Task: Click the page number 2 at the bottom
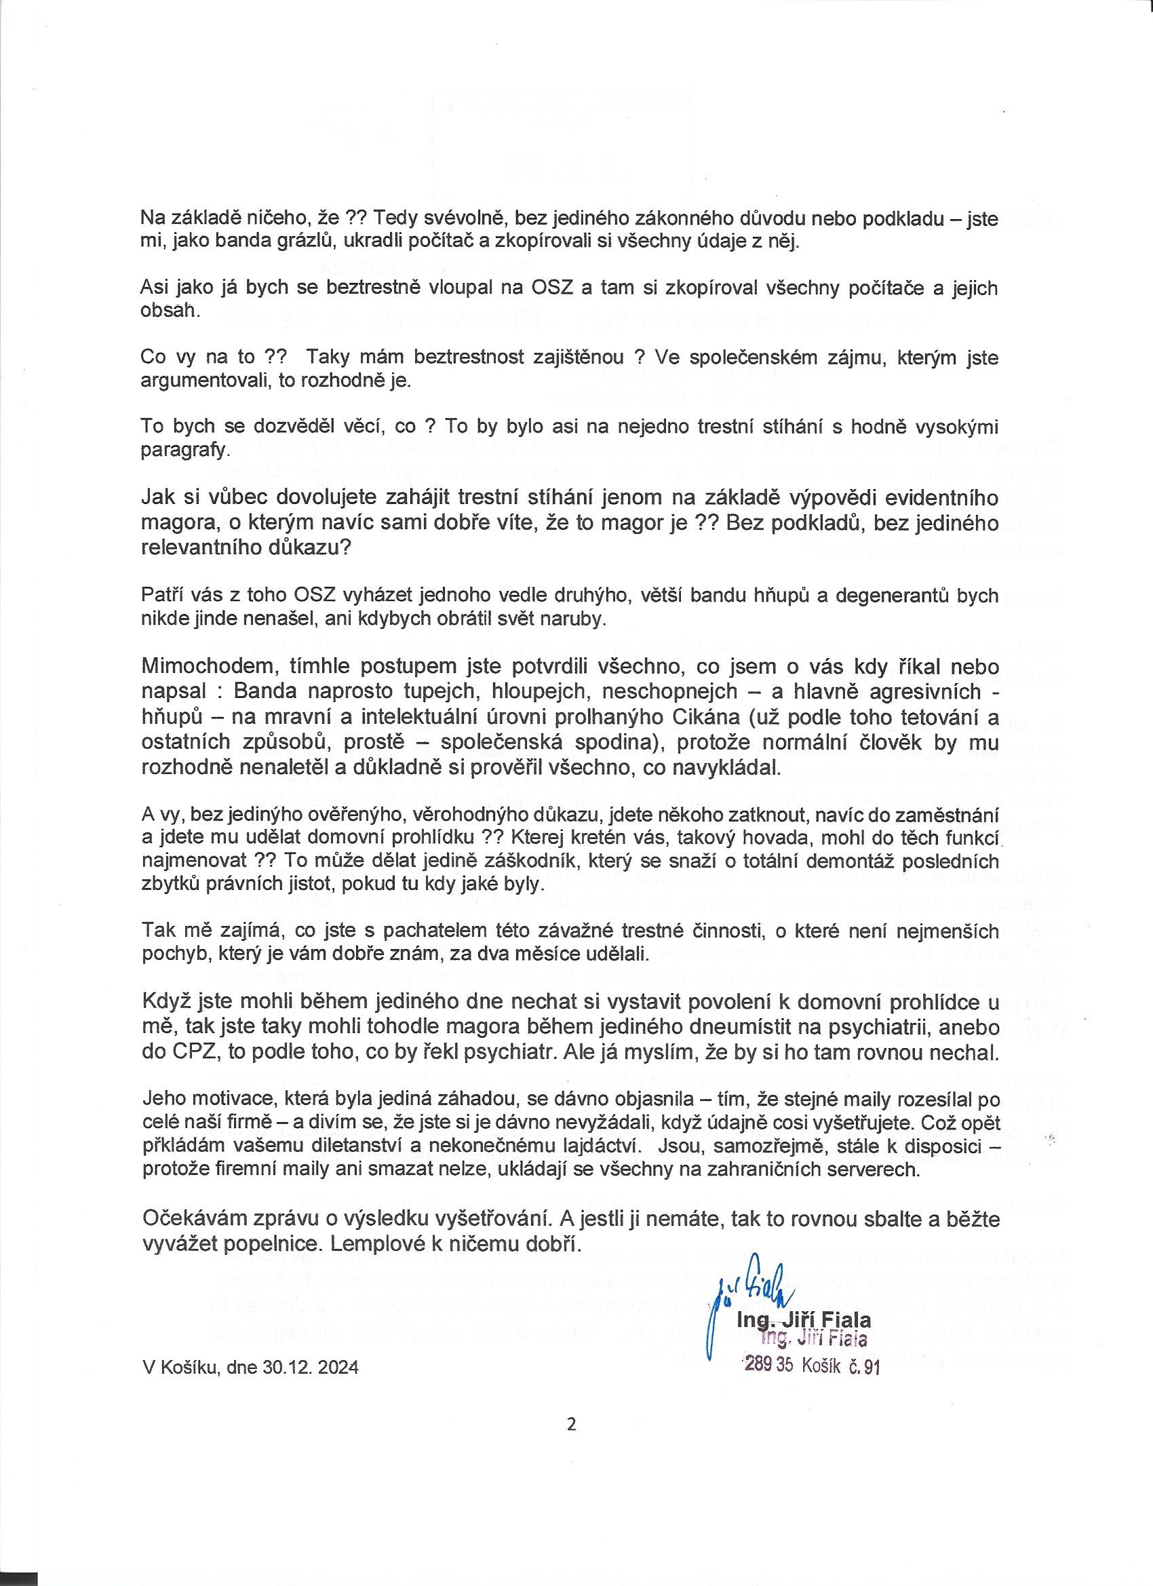571,1425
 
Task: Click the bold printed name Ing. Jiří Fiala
804,1320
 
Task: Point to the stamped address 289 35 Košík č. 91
812,1366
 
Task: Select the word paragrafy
184,450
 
